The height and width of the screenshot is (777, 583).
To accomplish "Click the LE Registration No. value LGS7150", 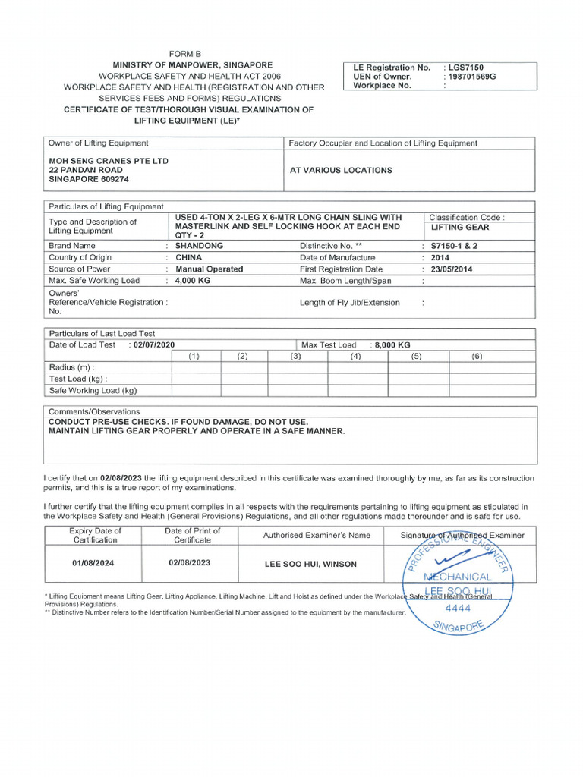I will click(x=465, y=67).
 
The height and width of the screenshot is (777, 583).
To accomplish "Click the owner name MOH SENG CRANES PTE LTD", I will click(x=109, y=161).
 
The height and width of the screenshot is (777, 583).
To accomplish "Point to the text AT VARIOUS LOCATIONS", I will click(x=341, y=171).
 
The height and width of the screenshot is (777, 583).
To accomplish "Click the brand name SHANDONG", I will click(x=199, y=246).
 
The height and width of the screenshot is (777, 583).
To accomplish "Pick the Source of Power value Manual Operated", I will click(x=210, y=269).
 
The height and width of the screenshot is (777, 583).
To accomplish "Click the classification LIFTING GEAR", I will click(x=460, y=227).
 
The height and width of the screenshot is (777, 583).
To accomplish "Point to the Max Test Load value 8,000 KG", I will click(x=392, y=344).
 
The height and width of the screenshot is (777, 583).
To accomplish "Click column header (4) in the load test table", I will click(x=355, y=356).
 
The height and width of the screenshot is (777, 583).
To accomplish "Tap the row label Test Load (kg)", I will click(x=78, y=379).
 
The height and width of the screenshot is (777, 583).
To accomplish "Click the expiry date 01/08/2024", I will click(x=95, y=563).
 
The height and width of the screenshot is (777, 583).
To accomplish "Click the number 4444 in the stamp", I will click(x=457, y=608).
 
